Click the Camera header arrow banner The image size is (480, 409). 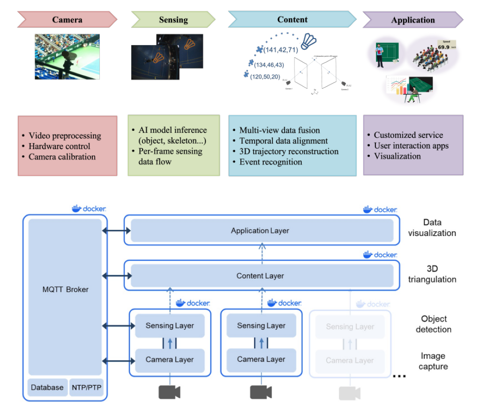67,20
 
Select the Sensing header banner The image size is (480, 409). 173,20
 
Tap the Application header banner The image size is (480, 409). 412,20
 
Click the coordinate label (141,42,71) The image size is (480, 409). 280,50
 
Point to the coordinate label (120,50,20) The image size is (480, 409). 265,76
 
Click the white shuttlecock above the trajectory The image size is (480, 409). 310,41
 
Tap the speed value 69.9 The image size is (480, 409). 443,47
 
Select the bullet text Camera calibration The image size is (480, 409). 62,157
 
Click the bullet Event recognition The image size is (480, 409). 270,162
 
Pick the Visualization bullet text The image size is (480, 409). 397,156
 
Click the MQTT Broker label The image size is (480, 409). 65,289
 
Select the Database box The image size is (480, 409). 47,387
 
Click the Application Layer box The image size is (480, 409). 260,230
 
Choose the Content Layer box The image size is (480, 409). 260,276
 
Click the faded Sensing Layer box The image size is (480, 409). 350,326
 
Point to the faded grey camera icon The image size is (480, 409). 349,393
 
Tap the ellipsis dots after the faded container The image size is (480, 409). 399,376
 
